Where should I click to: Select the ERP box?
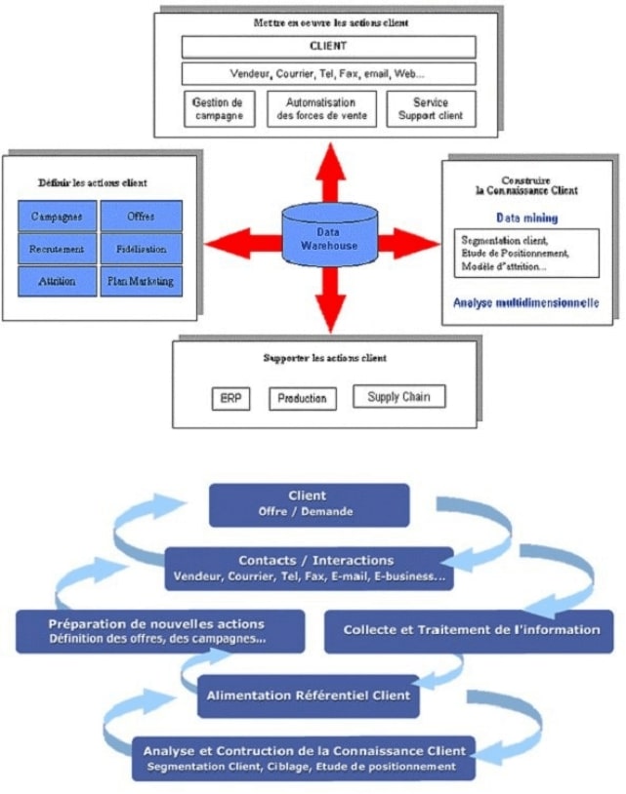230,399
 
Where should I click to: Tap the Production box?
302,399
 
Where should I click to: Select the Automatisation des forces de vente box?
320,109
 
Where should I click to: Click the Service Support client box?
431,109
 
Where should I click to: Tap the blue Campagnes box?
58,216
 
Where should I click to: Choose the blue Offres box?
141,216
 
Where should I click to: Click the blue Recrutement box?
58,249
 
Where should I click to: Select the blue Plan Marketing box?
141,282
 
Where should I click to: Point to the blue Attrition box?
58,282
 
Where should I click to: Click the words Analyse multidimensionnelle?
525,303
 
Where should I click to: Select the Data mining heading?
527,218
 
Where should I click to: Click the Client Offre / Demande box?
308,503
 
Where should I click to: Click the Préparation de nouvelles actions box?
156,631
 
